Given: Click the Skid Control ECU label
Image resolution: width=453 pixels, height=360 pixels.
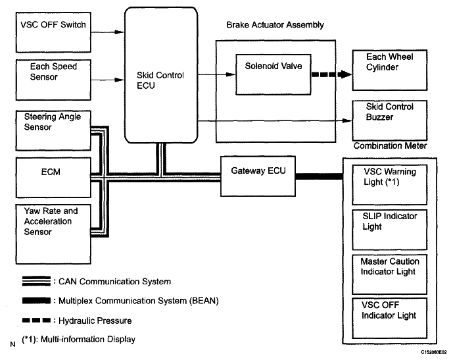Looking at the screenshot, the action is click(x=160, y=80).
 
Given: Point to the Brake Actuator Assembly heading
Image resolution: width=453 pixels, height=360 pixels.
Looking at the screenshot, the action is click(x=275, y=25).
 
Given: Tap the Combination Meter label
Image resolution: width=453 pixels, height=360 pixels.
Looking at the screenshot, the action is click(x=390, y=145).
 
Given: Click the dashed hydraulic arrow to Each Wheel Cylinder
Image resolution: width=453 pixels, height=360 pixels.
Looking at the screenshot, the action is click(x=331, y=74).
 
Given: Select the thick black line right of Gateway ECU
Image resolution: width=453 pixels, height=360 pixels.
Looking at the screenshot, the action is click(x=320, y=176).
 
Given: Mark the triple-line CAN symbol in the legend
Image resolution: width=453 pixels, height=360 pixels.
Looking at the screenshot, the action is click(x=36, y=281).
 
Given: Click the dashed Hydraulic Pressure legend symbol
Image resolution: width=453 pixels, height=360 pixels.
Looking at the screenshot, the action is click(x=36, y=320).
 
